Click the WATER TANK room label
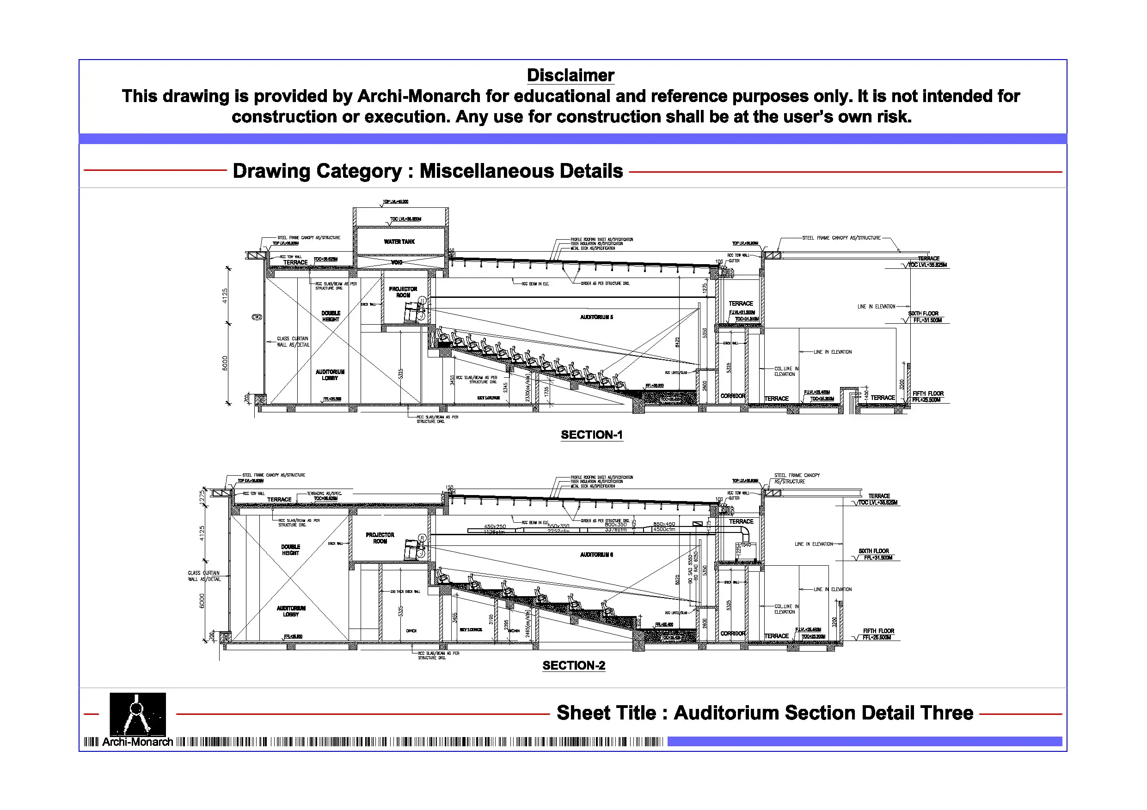pos(399,242)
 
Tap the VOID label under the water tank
pos(397,262)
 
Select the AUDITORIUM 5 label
pos(596,317)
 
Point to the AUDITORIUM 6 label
pos(596,555)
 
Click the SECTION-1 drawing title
pos(591,435)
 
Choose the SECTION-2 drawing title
pos(573,665)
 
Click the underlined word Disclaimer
pos(570,75)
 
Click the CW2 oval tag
pos(257,317)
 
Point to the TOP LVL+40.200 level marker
pos(396,202)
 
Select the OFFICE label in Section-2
pos(411,631)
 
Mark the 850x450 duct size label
pos(664,524)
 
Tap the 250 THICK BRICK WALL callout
pos(405,592)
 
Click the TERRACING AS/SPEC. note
pos(324,493)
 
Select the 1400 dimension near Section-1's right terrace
pos(866,394)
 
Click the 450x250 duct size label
pos(495,526)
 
